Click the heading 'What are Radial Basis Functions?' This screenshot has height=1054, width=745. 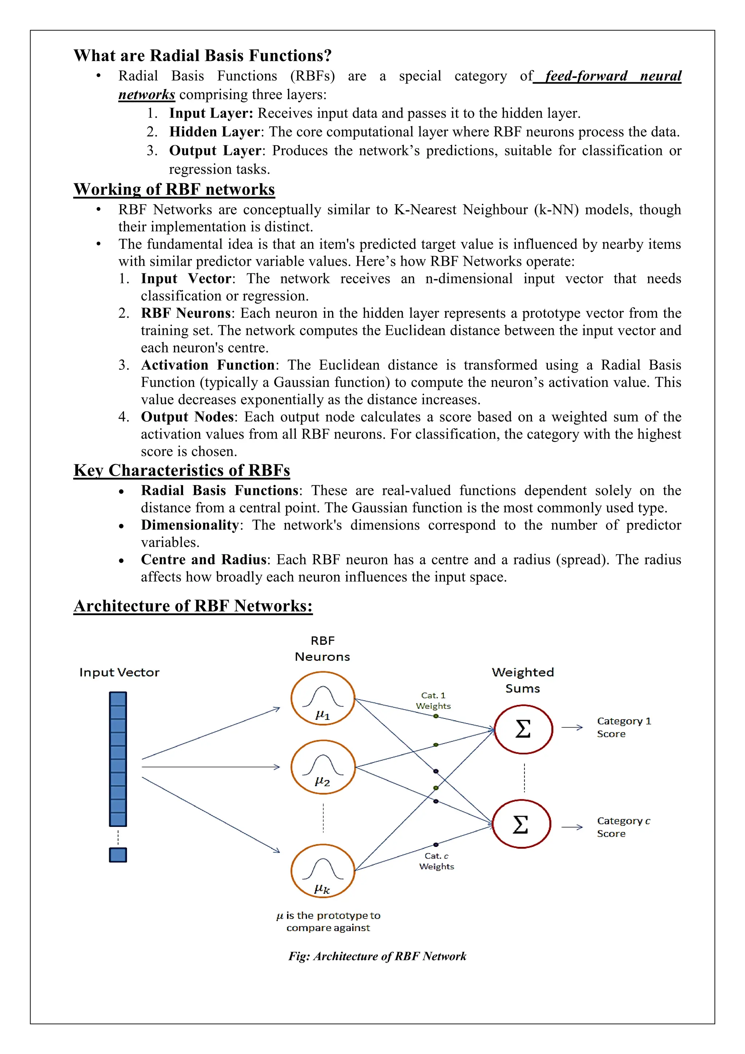pos(202,56)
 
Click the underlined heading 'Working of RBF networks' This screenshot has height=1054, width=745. pos(174,189)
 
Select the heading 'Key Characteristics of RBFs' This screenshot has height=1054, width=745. pos(182,470)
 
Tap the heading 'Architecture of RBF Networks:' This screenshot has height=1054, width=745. pos(193,606)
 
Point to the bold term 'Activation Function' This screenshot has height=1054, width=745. pos(207,365)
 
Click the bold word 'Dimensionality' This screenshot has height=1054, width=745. pos(190,525)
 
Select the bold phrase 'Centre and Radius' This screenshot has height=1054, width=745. pos(203,560)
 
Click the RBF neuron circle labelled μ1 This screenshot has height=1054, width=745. pos(323,698)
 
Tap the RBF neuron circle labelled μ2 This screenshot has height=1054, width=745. pos(323,766)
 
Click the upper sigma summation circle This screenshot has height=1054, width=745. pos(523,729)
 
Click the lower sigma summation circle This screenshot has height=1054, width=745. pos(521,824)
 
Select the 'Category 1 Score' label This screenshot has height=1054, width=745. pos(624,727)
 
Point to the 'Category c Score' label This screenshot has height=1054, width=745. pos(623,827)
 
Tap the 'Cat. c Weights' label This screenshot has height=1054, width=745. pos(436,861)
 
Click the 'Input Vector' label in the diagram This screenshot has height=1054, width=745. pos(119,672)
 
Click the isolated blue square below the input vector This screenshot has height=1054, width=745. pos(118,855)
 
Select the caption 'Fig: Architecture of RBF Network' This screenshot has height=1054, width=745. pos(377,956)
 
